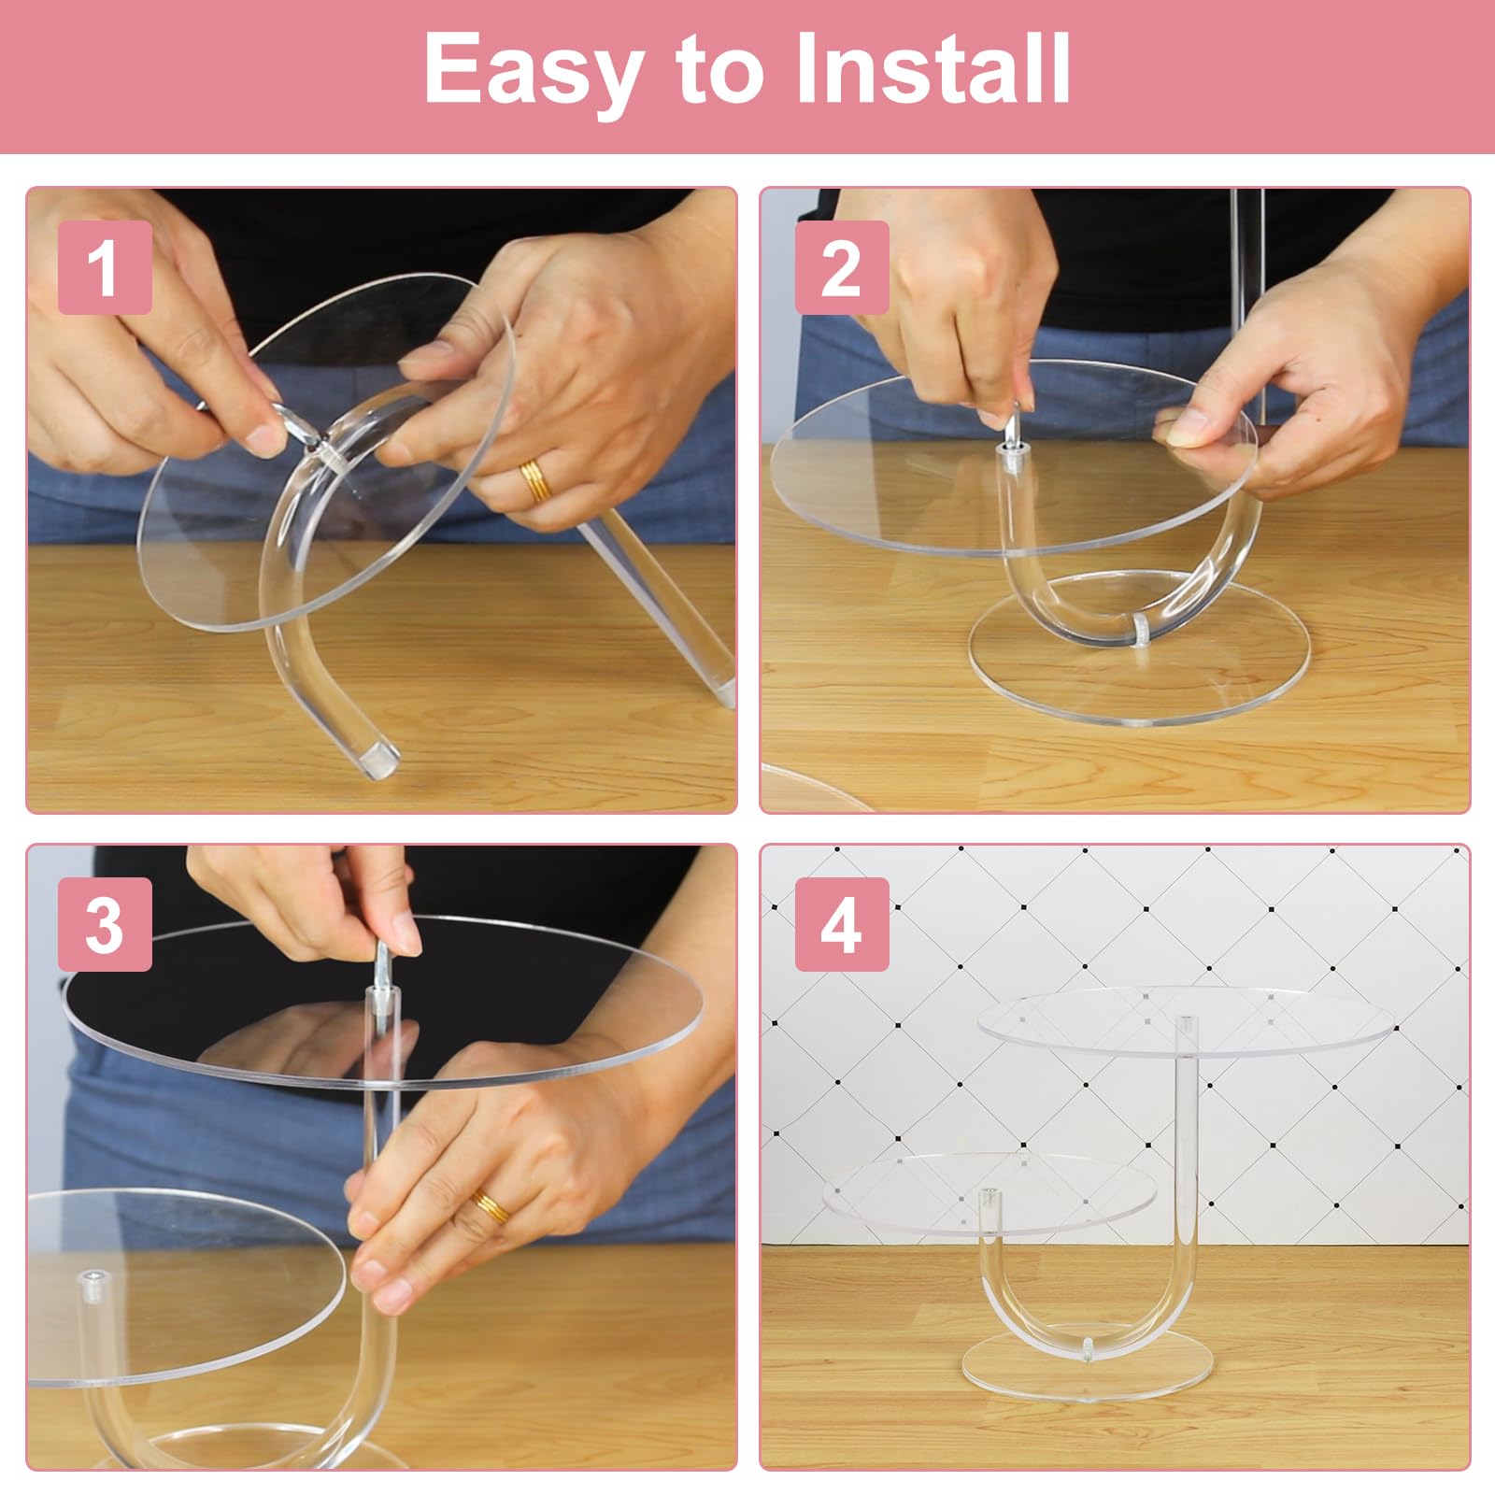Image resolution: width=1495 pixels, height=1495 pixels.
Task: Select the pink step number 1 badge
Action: tap(105, 268)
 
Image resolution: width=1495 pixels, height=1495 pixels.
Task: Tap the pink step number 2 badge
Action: tap(841, 268)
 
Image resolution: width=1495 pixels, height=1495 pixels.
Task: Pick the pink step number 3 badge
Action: tap(105, 925)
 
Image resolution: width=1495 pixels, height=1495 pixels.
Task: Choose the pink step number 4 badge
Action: tap(841, 925)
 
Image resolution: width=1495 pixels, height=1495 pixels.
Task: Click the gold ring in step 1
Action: tap(536, 480)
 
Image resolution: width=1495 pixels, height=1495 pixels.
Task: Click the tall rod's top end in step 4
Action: tap(1185, 1023)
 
